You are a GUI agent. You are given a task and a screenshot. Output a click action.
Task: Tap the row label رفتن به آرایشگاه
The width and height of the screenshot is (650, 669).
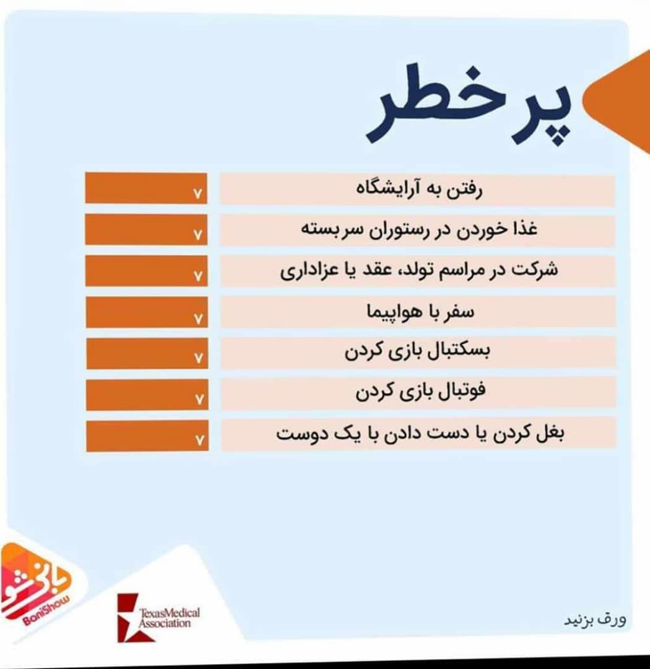tap(419, 189)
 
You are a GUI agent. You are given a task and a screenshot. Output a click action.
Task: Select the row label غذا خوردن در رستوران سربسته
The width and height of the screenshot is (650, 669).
tap(419, 229)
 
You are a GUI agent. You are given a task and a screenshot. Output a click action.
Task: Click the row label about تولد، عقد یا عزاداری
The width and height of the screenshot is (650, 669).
tap(419, 270)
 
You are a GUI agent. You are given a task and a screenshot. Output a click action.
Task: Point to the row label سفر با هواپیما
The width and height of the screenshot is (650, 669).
tap(420, 312)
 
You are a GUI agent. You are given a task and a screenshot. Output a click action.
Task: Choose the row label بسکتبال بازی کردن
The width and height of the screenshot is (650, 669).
tap(418, 351)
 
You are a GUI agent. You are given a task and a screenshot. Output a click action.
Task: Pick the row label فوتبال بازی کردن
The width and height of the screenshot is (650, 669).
tap(420, 391)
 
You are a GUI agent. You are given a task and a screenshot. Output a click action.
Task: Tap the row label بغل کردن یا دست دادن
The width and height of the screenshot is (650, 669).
tap(420, 434)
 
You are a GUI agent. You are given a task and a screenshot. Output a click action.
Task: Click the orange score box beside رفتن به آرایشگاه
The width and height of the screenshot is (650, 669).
tap(146, 188)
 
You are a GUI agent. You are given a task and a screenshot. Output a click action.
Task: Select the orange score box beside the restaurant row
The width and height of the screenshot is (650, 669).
tap(146, 230)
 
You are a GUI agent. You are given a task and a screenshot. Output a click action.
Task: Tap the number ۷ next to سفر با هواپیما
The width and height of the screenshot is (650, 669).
tap(198, 318)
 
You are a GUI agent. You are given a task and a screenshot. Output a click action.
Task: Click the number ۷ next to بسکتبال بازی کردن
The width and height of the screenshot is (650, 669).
tap(198, 358)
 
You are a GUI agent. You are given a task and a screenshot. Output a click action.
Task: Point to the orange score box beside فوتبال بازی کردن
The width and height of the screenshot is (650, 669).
tap(147, 395)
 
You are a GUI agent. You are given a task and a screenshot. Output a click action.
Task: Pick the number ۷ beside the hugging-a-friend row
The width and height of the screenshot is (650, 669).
tap(199, 439)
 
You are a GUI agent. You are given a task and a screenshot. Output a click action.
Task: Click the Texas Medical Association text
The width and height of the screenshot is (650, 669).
tap(170, 618)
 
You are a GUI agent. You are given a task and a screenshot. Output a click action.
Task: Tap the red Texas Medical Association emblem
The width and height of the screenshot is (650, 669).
tap(133, 618)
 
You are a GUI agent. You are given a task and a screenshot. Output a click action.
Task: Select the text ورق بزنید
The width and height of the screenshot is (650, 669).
tap(596, 619)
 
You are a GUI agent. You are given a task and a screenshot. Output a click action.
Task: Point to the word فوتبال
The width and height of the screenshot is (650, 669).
tap(463, 390)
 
